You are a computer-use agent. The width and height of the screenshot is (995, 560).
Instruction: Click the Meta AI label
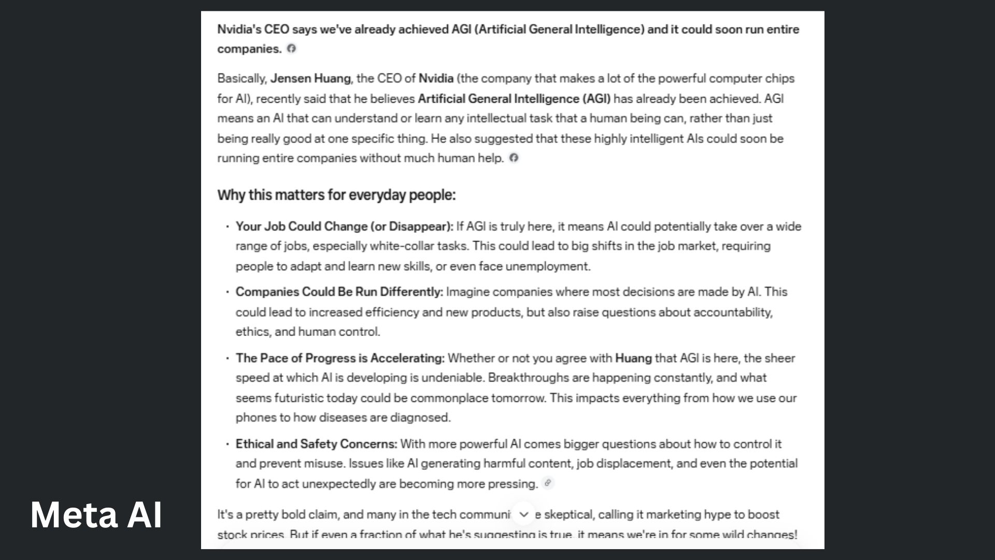tap(96, 515)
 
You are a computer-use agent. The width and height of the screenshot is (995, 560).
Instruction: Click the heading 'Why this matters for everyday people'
tap(336, 195)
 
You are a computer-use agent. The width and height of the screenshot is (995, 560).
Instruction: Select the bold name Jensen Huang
tap(310, 78)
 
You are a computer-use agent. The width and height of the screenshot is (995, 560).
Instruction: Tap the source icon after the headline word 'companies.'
tap(292, 48)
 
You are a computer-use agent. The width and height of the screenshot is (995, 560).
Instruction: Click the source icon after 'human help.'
tap(514, 158)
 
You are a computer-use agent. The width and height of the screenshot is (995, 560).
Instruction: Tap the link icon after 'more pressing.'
tap(547, 483)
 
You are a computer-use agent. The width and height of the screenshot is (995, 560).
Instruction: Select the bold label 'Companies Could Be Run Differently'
tap(339, 292)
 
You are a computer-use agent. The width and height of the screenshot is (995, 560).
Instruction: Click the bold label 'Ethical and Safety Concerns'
tap(316, 444)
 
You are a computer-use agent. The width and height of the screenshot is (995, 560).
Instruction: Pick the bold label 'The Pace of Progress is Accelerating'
tap(340, 358)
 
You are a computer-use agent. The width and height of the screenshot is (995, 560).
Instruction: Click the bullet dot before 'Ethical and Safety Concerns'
tap(227, 444)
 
